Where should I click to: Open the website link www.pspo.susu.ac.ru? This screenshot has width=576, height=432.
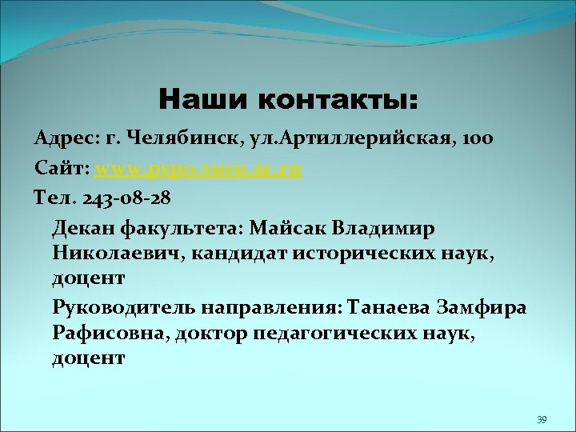(199, 170)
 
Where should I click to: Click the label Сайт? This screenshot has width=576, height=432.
(62, 170)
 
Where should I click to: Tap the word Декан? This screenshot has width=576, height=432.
(84, 229)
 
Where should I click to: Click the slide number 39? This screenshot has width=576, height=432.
(542, 420)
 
